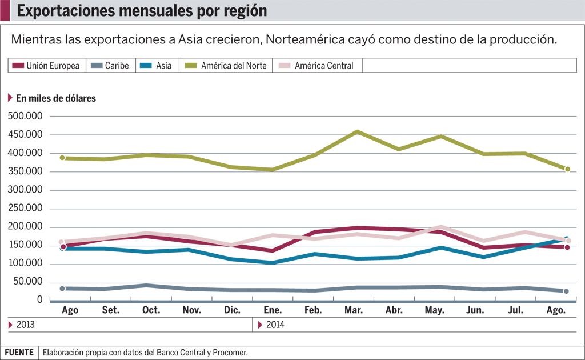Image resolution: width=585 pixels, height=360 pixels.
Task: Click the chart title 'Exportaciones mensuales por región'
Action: (x=142, y=10)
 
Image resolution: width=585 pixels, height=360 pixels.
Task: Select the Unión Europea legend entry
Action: (x=46, y=66)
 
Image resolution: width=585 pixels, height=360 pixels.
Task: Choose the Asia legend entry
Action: (x=157, y=66)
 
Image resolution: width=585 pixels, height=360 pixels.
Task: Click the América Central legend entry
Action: (x=318, y=66)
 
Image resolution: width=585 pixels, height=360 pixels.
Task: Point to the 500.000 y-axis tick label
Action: (x=25, y=116)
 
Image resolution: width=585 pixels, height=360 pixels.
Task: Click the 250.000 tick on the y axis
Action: (x=25, y=208)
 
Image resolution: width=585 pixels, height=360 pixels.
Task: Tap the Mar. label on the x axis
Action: (x=354, y=310)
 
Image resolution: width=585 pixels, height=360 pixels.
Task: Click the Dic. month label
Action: (x=232, y=310)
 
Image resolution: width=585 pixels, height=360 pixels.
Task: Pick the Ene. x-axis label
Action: (x=273, y=310)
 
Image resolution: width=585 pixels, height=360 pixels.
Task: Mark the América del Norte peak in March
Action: (x=357, y=132)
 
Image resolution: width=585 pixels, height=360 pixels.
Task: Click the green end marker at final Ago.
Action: (x=567, y=169)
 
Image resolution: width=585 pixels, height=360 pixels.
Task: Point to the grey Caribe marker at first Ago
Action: (x=62, y=289)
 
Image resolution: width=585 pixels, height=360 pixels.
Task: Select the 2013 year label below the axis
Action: (x=25, y=325)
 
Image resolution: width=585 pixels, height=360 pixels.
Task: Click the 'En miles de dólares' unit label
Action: (x=55, y=98)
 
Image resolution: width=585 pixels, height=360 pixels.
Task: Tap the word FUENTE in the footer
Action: (x=20, y=353)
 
